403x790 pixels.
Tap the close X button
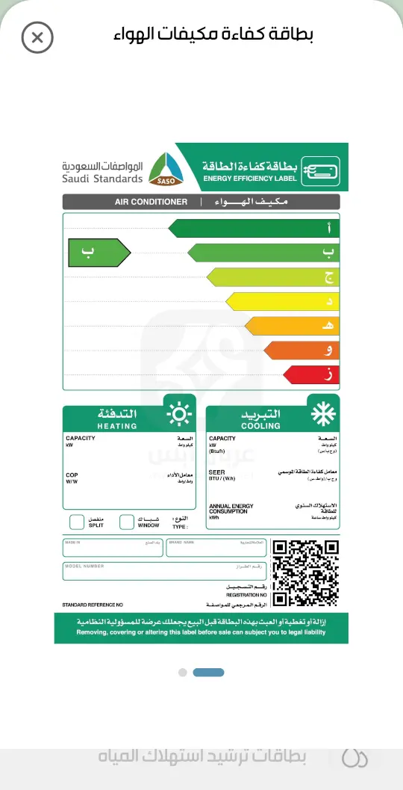tap(37, 37)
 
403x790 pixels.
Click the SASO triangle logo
tap(166, 170)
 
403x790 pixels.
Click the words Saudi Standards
tap(102, 179)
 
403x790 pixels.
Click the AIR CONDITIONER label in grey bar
tap(151, 202)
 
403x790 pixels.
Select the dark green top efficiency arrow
tap(253, 228)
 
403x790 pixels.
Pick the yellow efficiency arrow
tap(282, 301)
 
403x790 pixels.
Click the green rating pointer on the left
tap(98, 253)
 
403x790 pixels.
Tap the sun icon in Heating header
tap(179, 413)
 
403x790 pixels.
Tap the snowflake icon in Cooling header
tap(322, 413)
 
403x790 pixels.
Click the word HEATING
tap(117, 426)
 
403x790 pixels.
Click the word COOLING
tap(260, 426)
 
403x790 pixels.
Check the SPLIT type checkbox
tap(77, 522)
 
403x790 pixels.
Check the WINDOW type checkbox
tap(127, 522)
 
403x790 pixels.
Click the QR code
tap(306, 572)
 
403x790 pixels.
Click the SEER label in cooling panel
tap(217, 473)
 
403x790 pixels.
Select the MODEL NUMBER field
tap(163, 572)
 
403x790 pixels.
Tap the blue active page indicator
tap(208, 673)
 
